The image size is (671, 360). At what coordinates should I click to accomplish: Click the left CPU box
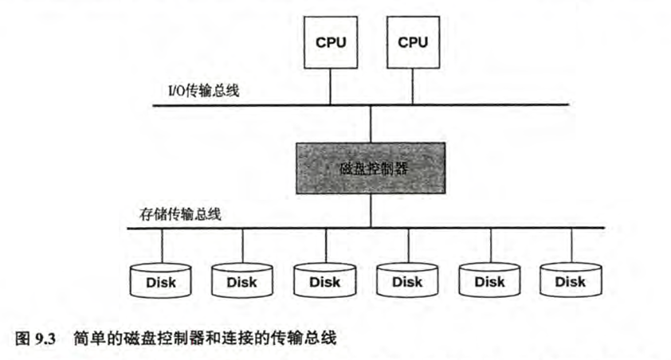(331, 42)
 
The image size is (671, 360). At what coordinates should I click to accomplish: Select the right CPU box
(413, 42)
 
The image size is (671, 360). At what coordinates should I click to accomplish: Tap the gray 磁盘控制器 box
(371, 169)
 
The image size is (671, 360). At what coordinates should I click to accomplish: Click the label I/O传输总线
(194, 92)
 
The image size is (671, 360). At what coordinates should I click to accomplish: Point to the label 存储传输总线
(175, 214)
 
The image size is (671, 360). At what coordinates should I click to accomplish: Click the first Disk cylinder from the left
(161, 281)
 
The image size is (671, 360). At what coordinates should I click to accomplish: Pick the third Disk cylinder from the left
(324, 281)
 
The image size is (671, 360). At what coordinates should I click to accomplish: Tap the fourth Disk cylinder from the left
(406, 281)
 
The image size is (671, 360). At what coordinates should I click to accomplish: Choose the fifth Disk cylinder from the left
(489, 281)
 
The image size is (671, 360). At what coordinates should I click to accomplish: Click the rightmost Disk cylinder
(570, 281)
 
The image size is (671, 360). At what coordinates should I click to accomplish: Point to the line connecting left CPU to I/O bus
(331, 86)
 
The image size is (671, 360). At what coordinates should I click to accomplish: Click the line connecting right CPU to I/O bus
(413, 86)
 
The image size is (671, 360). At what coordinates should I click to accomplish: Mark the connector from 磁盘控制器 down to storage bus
(371, 211)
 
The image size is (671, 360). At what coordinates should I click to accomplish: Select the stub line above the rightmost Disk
(570, 244)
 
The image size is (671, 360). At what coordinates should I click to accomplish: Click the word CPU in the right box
(413, 41)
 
